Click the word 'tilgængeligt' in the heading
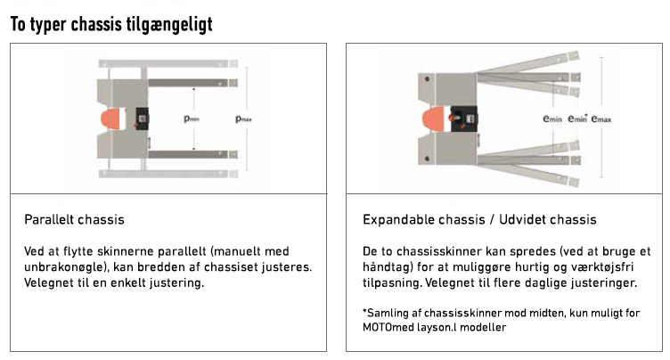click(178, 25)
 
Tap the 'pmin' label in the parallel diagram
click(191, 119)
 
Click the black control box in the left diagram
click(141, 119)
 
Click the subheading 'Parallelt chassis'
click(74, 219)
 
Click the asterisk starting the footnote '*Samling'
click(365, 312)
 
